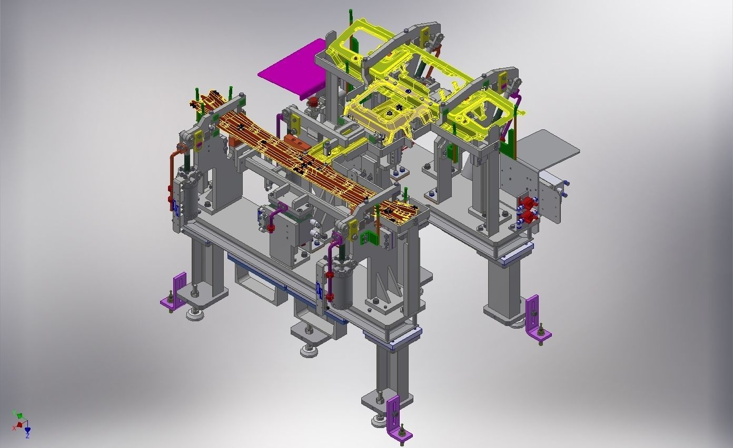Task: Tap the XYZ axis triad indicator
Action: click(x=21, y=424)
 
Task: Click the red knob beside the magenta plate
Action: click(x=313, y=101)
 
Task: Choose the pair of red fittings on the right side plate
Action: click(x=527, y=208)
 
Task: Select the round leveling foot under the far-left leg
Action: click(x=195, y=314)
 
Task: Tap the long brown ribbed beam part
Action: click(x=295, y=158)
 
